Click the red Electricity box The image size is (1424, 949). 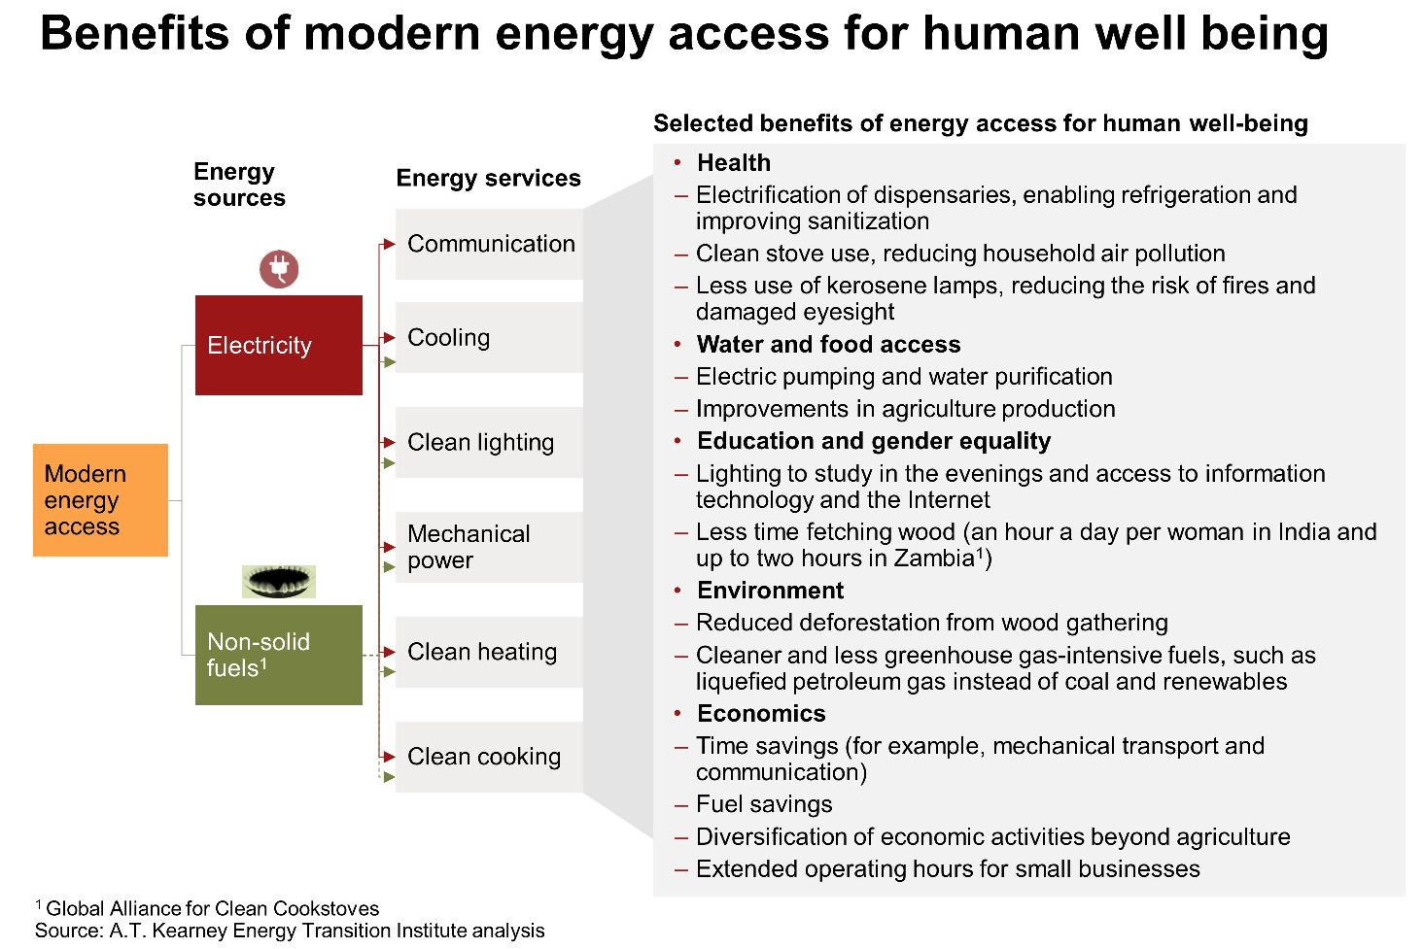pos(278,345)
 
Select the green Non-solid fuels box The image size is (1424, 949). pos(278,655)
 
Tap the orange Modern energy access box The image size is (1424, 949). pos(100,500)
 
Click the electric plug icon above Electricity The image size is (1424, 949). pos(279,269)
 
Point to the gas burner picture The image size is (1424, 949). pos(278,582)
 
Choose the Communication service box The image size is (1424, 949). pos(489,244)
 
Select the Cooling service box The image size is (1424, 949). pos(489,337)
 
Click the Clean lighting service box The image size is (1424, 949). pos(489,442)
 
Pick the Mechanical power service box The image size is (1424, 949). pos(489,547)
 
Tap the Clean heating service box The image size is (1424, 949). pos(489,652)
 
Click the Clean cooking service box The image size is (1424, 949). pos(489,757)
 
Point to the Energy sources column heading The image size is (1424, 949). pos(239,185)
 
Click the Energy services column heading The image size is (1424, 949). pos(488,178)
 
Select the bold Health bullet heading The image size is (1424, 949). pos(734,162)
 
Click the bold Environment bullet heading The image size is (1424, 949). pos(770,591)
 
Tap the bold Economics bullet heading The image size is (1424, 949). pos(761,713)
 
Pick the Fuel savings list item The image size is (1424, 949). pos(763,804)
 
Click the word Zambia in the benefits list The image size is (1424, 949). pos(934,558)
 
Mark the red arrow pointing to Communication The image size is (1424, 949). pos(388,244)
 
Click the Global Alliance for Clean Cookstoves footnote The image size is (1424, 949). pos(207,907)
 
